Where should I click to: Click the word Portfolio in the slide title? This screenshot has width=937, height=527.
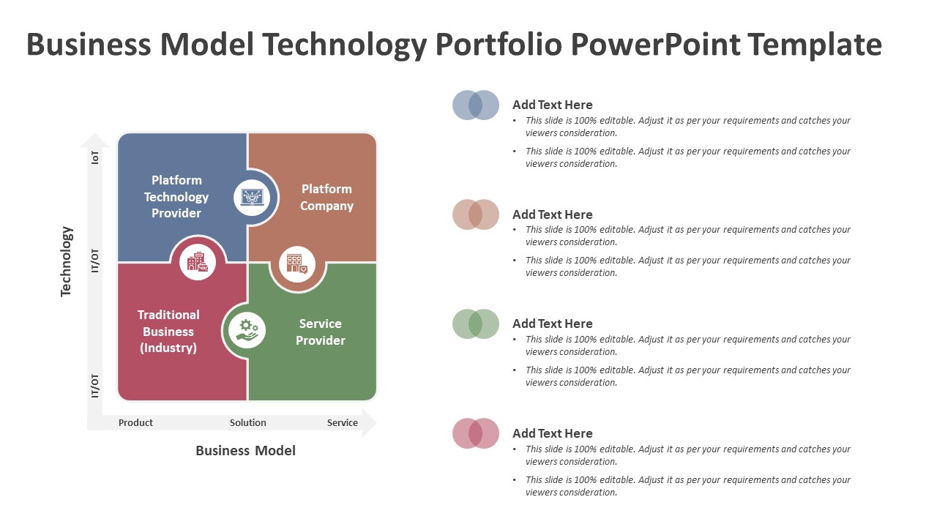coord(499,45)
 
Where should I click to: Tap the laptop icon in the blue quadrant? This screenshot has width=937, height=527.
coord(252,197)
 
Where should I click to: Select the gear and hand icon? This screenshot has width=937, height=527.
coord(247,330)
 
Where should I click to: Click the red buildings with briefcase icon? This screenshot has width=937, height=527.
coord(198,262)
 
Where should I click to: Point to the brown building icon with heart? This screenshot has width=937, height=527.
coord(297,264)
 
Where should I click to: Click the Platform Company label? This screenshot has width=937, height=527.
coord(326,198)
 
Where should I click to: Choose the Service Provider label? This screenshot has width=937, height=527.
coord(321,332)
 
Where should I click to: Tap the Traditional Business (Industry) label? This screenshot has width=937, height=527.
coord(168,332)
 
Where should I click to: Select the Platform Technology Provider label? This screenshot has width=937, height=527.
coord(176,197)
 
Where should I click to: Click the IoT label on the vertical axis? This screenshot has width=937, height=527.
coord(95,157)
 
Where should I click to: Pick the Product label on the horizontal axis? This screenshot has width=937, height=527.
coord(135,423)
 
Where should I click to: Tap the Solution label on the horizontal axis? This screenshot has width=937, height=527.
coord(247,423)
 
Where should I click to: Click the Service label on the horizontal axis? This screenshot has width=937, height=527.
coord(342,423)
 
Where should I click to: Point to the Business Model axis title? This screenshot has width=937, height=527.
coord(245,450)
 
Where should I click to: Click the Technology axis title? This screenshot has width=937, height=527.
coord(66,262)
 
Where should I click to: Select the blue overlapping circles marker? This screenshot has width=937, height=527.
coord(476,105)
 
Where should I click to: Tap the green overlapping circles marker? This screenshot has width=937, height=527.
coord(476,324)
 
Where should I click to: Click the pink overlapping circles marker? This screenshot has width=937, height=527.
coord(476,433)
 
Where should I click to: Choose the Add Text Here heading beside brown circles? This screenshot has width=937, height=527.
coord(553,214)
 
